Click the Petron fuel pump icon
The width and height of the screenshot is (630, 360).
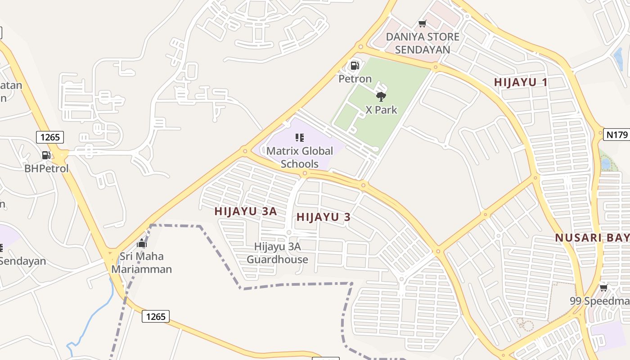[355, 66]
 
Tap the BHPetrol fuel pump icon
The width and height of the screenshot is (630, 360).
[46, 155]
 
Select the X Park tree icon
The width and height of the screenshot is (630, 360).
[381, 96]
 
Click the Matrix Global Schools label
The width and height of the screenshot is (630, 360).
[300, 157]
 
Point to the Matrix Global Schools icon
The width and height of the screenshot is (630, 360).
[300, 137]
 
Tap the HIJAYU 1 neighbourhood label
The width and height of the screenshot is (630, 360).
[521, 82]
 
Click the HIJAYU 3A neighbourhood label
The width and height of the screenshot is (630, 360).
[245, 211]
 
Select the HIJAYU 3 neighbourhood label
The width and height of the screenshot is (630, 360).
[323, 217]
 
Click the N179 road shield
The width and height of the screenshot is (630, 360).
[616, 134]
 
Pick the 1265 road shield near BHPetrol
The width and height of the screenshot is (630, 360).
[50, 137]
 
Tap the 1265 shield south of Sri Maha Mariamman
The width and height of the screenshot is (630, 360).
[156, 316]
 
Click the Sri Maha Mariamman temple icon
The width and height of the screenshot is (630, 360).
[142, 243]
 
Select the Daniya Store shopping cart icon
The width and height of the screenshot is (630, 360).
[422, 23]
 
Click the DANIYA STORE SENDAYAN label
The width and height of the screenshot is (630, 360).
[423, 43]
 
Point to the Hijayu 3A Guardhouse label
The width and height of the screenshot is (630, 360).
[277, 253]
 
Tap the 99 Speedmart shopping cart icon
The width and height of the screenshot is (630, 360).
[603, 287]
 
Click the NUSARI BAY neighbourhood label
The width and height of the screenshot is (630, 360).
[592, 238]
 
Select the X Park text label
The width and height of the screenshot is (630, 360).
[381, 110]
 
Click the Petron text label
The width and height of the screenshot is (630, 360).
[355, 79]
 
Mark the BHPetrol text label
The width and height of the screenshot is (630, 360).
[46, 169]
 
